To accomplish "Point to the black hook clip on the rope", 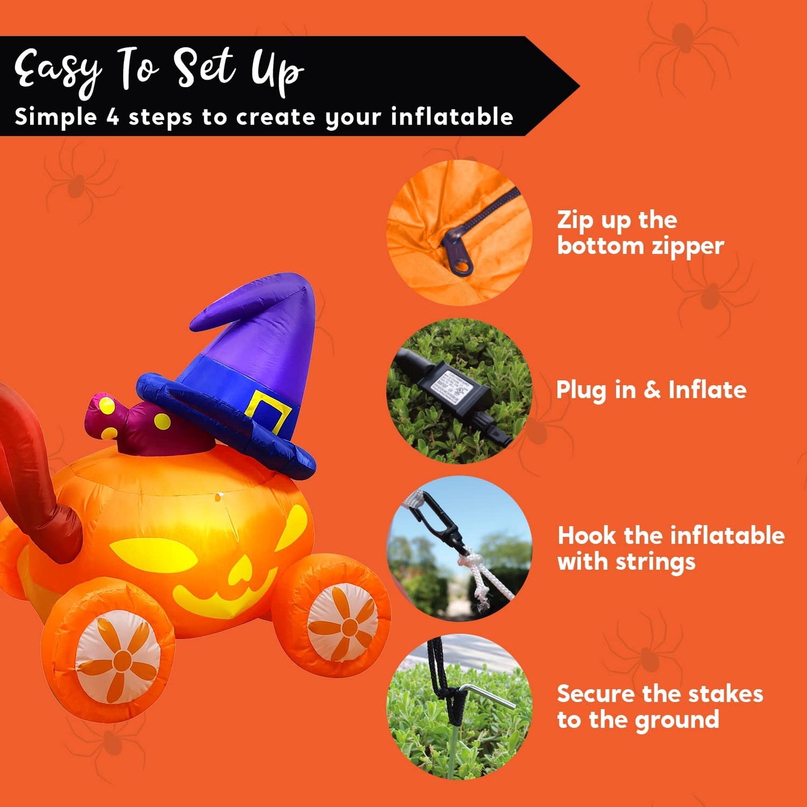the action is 440,523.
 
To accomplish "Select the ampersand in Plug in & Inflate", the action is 652,390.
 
